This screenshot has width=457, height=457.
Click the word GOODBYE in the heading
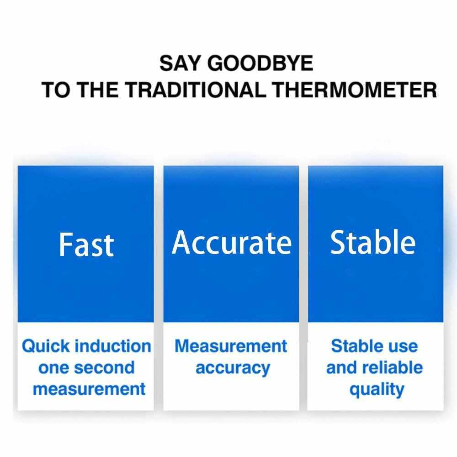pyautogui.click(x=260, y=63)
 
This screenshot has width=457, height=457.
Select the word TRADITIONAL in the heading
pyautogui.click(x=196, y=90)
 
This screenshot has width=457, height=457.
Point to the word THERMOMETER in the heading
pyautogui.click(x=355, y=90)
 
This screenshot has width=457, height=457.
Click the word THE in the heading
pyautogui.click(x=99, y=90)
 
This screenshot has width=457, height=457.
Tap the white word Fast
pyautogui.click(x=86, y=244)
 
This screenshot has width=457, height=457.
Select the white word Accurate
pyautogui.click(x=232, y=243)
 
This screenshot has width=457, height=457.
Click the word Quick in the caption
pyautogui.click(x=46, y=346)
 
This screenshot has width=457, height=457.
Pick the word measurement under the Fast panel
pyautogui.click(x=89, y=389)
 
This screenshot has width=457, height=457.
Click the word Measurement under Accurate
pyautogui.click(x=231, y=346)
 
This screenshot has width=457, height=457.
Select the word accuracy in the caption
pyautogui.click(x=233, y=368)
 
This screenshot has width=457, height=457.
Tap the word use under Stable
pyautogui.click(x=404, y=347)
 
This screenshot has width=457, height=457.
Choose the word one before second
pyautogui.click(x=52, y=368)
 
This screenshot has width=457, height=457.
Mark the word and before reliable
pyautogui.click(x=341, y=367)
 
